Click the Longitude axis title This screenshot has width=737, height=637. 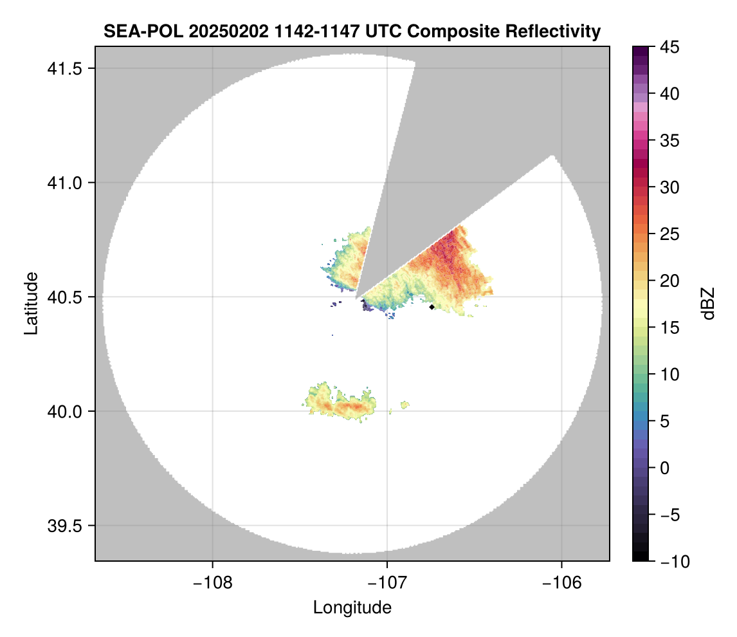tap(352, 607)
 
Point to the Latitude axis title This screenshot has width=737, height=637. tap(30, 303)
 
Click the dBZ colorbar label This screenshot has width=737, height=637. tap(708, 304)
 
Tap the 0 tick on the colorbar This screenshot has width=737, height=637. tap(666, 468)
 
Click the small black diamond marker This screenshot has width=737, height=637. tap(432, 307)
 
